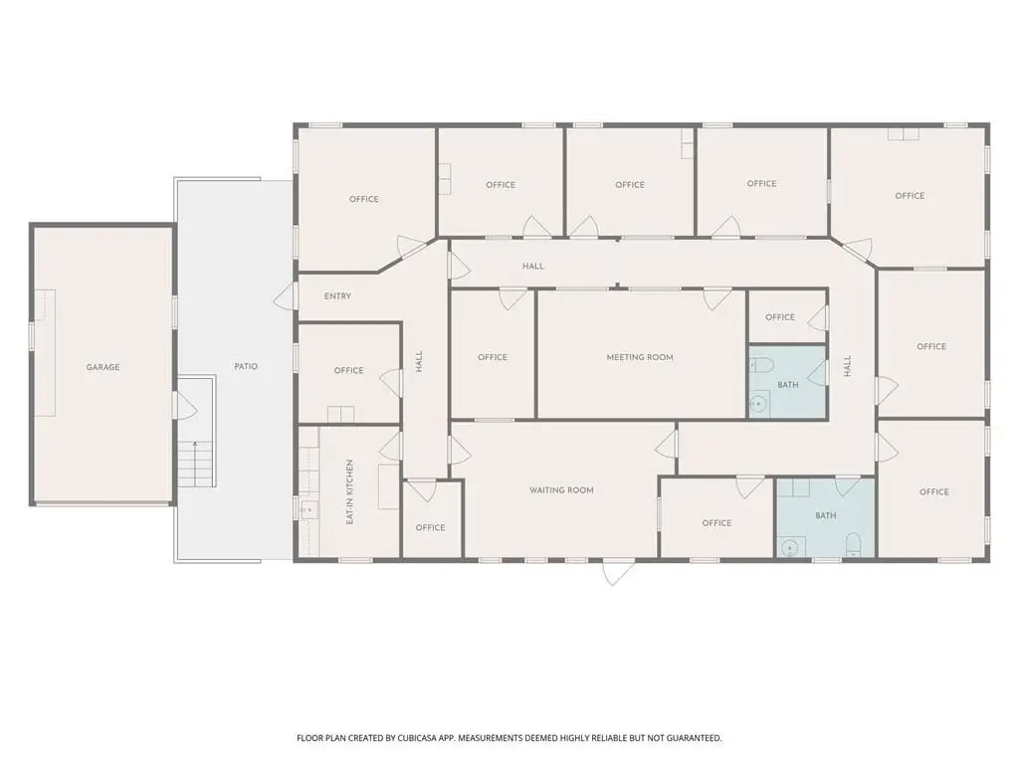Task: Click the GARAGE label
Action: [102, 367]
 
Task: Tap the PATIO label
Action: [246, 366]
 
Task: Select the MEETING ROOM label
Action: [640, 357]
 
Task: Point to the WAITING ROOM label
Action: [561, 490]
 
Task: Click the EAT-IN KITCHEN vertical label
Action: [349, 491]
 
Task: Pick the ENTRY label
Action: [337, 296]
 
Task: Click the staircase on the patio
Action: [196, 464]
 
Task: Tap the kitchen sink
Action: [309, 510]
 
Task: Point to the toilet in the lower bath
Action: [853, 545]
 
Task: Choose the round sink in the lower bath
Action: [790, 548]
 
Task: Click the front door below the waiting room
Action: [612, 572]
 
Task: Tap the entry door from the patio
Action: [286, 296]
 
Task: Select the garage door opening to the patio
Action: [184, 405]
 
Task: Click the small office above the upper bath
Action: [787, 317]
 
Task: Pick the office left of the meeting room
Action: [492, 354]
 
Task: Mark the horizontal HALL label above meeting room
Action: [533, 267]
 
